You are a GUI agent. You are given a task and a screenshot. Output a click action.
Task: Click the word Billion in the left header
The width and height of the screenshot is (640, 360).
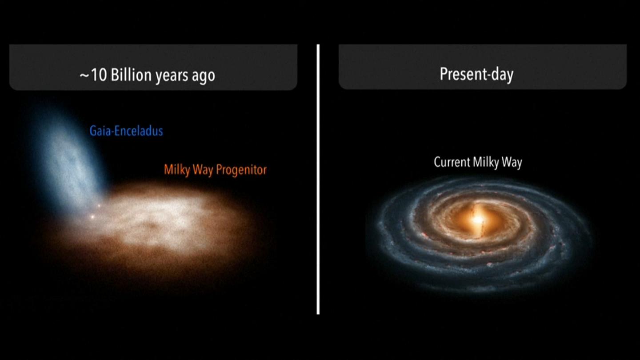pos(131,75)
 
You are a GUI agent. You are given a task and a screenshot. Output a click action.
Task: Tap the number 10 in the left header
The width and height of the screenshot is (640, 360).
pos(99,75)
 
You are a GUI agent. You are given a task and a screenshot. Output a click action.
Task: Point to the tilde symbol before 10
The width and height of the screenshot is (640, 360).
pos(84,76)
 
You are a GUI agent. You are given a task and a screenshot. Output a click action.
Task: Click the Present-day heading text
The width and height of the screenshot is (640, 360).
pos(476,74)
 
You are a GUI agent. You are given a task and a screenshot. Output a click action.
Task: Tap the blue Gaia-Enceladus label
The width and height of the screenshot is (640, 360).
pos(126,131)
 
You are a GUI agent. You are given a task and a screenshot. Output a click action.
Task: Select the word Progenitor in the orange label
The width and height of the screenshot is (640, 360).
pos(241,170)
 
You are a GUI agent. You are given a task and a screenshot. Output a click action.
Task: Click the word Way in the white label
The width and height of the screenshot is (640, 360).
pos(512,162)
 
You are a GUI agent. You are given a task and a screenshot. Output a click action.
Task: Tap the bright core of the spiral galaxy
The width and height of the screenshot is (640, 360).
pos(478,220)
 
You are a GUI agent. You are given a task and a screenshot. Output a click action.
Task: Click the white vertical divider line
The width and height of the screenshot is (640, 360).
pos(318,180)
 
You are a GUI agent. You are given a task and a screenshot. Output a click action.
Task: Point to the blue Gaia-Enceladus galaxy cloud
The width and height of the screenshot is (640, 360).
pos(68,160)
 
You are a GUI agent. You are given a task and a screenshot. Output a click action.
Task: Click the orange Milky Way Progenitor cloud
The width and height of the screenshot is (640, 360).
pos(160,228)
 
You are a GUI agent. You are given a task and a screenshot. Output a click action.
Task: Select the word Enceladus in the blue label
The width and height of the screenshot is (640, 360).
pos(139,131)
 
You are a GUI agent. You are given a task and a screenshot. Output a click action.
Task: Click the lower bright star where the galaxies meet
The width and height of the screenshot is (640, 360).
pos(92,217)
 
